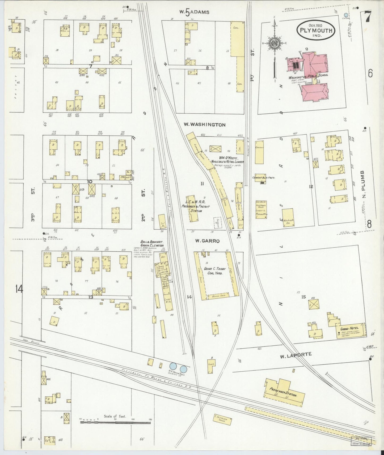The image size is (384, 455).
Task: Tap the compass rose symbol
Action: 274,44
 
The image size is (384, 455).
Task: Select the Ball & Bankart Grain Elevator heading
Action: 152,244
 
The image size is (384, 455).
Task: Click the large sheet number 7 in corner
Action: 368,18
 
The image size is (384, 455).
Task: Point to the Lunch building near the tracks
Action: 212,363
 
